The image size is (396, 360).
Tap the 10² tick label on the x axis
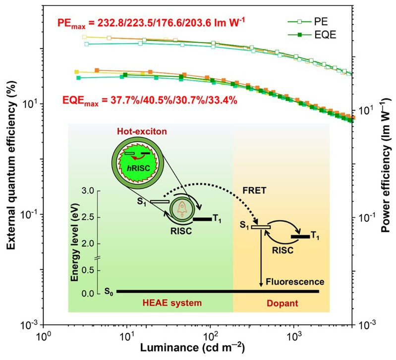click(x=211, y=336)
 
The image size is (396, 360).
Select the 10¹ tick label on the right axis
click(x=366, y=109)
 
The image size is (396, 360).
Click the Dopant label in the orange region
click(x=281, y=303)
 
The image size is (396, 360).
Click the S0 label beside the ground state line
click(x=108, y=292)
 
